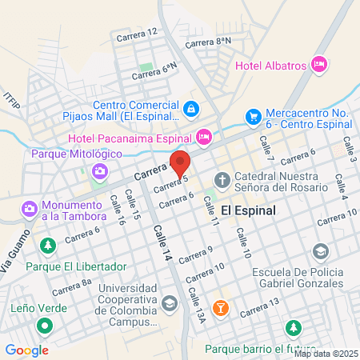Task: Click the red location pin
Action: pos(180,163)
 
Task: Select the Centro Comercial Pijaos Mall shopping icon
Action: pos(191,108)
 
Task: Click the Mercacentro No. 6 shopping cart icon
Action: pos(254,117)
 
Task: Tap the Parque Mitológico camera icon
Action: pos(100,170)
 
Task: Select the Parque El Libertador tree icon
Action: pos(48,245)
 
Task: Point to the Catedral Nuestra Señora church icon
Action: pos(222,179)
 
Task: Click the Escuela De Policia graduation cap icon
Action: pos(321,252)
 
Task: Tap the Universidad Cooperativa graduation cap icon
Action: pos(169,303)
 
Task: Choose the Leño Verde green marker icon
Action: pos(46,326)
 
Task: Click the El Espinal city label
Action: pos(248,210)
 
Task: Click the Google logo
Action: pos(27,350)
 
